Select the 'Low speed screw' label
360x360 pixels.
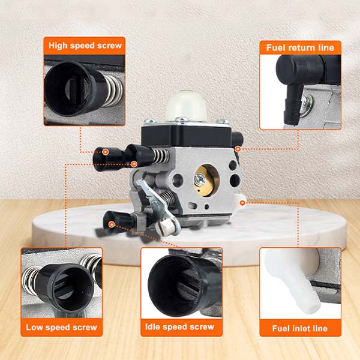click(x=61, y=328)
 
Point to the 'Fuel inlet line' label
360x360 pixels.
click(x=300, y=328)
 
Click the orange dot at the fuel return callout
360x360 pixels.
click(x=238, y=148)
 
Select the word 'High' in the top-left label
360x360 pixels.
click(x=61, y=45)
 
